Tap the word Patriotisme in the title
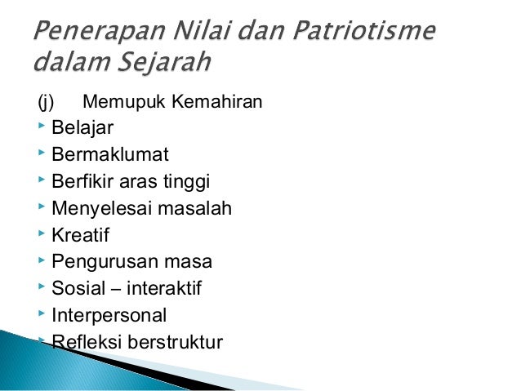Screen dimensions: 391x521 click(x=356, y=35)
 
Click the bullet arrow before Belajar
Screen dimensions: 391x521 click(x=41, y=128)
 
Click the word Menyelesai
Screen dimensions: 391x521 click(x=105, y=209)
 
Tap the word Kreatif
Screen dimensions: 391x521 click(x=80, y=235)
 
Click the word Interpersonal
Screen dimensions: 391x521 click(x=109, y=315)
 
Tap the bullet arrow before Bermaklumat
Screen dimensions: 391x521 click(x=41, y=155)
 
